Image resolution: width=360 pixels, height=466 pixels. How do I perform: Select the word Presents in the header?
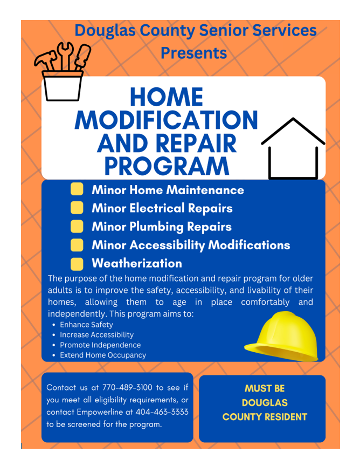[x=194, y=53]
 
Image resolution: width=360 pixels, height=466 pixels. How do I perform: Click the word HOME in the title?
[x=167, y=98]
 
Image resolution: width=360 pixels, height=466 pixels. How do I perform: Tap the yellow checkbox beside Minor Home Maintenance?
[x=77, y=189]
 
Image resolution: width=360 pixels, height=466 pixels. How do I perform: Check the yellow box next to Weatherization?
[x=77, y=263]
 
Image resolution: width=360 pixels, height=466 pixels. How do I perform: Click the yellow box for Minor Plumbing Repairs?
[x=77, y=226]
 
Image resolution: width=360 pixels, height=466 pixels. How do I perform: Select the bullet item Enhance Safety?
[x=86, y=325]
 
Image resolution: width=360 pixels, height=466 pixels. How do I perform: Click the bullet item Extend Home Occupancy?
[x=102, y=355]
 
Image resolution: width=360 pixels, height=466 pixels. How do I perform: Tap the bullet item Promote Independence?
[x=100, y=345]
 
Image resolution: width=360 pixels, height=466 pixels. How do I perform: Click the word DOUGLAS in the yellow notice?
[x=265, y=403]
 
